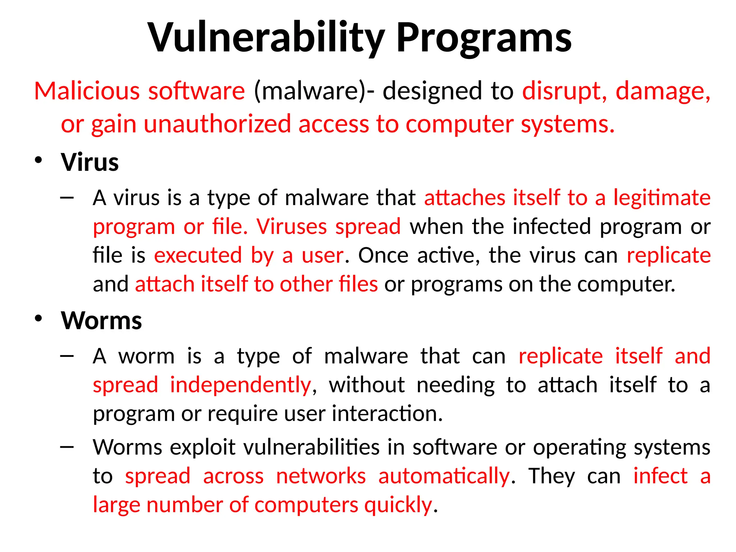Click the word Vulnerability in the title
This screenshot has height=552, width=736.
[x=266, y=38]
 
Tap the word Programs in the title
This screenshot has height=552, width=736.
[x=483, y=38]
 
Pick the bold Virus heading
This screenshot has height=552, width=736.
[x=90, y=162]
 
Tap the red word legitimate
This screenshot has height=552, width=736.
[x=662, y=198]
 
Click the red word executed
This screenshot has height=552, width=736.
[x=198, y=255]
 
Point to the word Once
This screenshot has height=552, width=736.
[x=383, y=255]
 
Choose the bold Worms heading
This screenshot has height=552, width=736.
[x=101, y=321]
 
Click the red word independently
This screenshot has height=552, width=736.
[x=240, y=385]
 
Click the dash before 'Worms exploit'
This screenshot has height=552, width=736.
[x=67, y=447]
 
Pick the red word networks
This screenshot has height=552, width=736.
[x=321, y=476]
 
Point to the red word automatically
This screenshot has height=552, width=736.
[x=444, y=476]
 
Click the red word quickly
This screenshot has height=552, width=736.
[x=398, y=505]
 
